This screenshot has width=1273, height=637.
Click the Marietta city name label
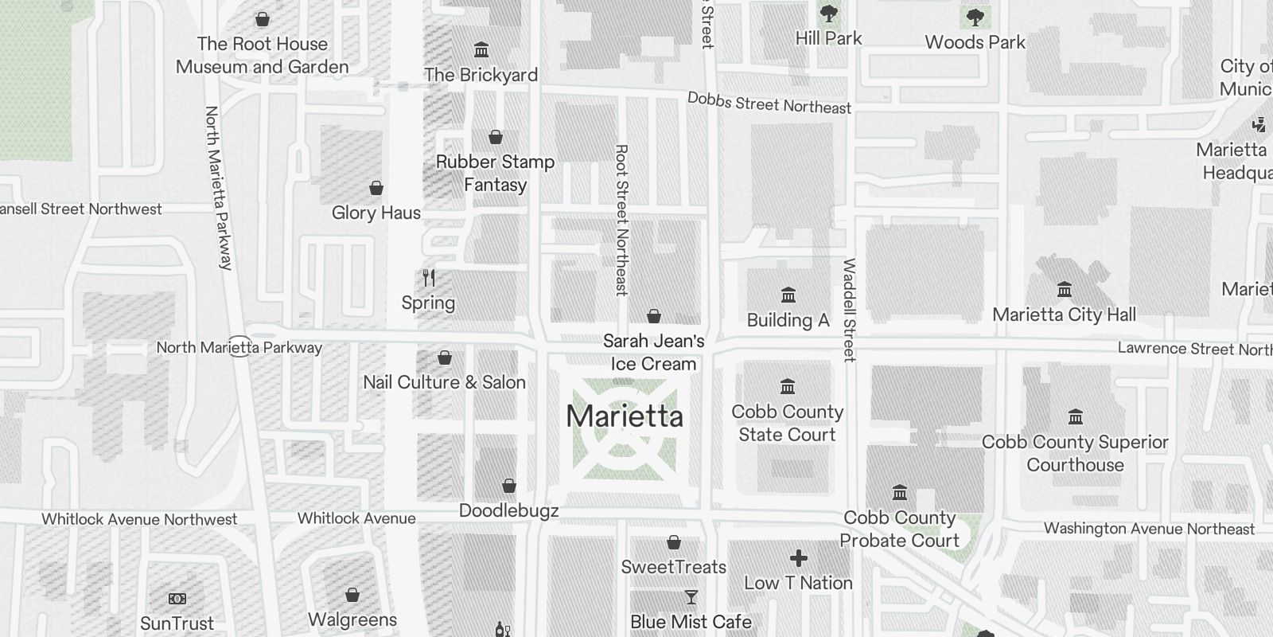click(x=625, y=416)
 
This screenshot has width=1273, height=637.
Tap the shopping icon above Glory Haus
click(x=376, y=188)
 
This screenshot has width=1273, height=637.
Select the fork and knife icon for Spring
click(x=429, y=278)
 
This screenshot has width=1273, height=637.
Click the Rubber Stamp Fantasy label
click(x=495, y=173)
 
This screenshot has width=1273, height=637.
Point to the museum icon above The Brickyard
click(x=481, y=50)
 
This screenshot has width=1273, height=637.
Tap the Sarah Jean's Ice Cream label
click(x=654, y=352)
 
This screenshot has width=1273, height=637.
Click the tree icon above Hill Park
click(x=828, y=14)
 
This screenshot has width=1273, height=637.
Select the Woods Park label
click(x=975, y=42)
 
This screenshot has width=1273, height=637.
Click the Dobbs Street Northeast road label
click(x=769, y=103)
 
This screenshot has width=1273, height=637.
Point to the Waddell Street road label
click(x=849, y=310)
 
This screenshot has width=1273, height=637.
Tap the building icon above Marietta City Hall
click(x=1064, y=289)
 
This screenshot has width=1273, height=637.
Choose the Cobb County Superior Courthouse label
click(x=1075, y=453)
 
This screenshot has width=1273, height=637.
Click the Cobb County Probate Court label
click(x=899, y=529)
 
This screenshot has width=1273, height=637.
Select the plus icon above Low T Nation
click(x=798, y=558)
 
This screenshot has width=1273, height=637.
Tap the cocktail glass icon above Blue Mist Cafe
click(x=691, y=597)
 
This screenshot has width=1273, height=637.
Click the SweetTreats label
click(x=673, y=567)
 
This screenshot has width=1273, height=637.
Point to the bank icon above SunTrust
click(x=177, y=599)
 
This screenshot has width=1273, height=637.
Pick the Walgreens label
click(x=352, y=619)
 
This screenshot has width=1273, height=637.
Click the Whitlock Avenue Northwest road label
click(x=139, y=519)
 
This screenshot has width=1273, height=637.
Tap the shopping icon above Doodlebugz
click(x=509, y=486)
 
